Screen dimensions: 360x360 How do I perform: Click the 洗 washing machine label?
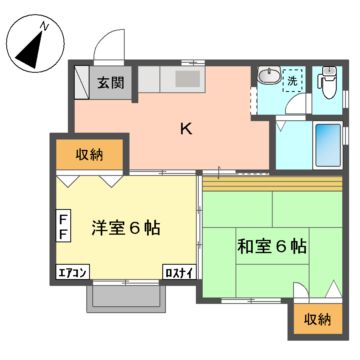coord(292,79)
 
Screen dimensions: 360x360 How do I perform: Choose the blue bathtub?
coord(328,146)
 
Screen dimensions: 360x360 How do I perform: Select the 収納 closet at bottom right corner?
coord(317,319)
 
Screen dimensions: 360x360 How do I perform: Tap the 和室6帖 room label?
coord(270,245)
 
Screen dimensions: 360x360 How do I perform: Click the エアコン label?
coord(72,272)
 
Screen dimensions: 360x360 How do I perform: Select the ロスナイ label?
coord(179,272)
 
